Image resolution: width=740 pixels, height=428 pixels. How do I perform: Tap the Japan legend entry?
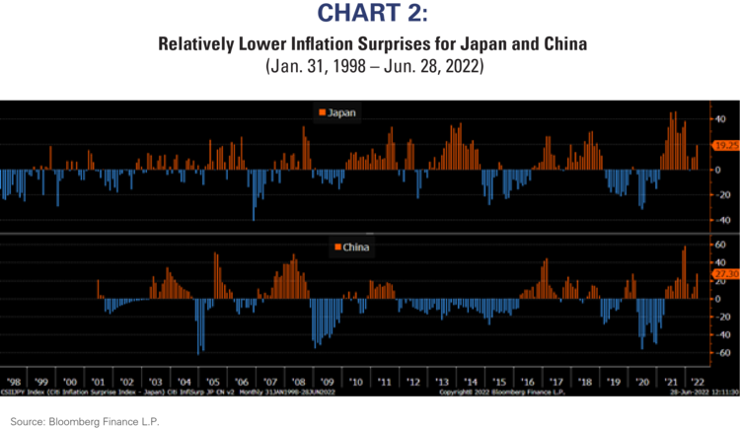tap(337, 112)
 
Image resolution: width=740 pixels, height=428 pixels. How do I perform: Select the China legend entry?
tap(352, 247)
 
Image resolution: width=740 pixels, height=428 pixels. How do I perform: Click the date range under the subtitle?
tap(370, 67)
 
